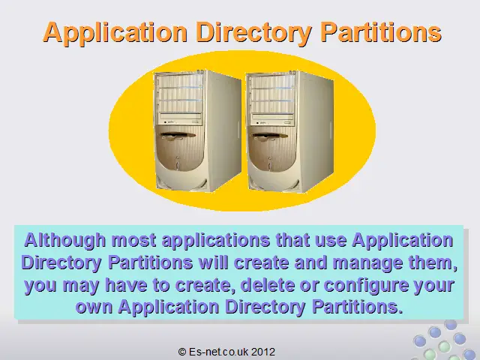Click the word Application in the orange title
(x=115, y=33)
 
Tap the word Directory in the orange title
(x=254, y=33)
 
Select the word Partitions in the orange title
(x=381, y=32)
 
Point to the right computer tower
(x=289, y=132)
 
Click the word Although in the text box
(x=65, y=240)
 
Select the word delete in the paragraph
(x=268, y=285)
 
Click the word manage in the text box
(x=368, y=263)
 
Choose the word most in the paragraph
(x=133, y=241)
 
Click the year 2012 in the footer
(x=263, y=352)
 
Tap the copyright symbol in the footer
(x=181, y=352)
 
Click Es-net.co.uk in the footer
(x=218, y=352)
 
